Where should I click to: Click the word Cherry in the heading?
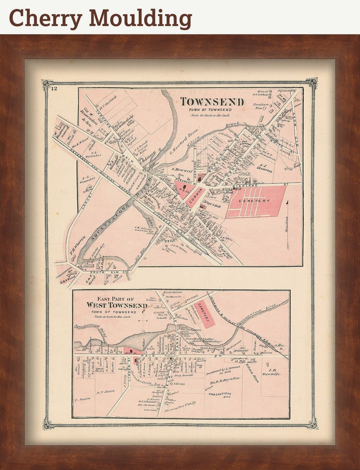46,18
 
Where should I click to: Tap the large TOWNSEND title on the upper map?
213,102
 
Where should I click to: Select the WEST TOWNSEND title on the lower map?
117,305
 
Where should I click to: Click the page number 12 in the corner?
54,88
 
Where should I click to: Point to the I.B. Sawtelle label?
270,372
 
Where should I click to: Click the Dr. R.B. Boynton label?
224,380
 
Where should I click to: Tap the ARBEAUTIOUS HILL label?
219,395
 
